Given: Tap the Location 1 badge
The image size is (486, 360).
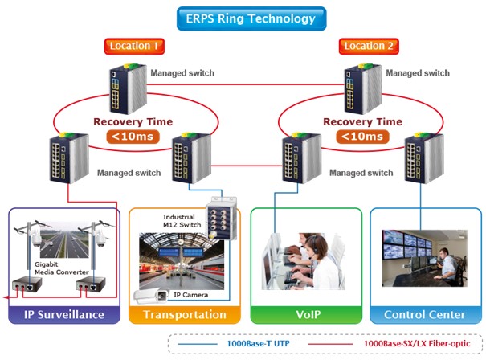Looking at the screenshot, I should [135, 47].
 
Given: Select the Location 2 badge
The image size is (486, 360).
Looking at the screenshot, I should [370, 47].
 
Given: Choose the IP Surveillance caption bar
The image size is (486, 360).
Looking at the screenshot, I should [64, 314].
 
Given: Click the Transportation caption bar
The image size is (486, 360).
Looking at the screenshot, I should [185, 314].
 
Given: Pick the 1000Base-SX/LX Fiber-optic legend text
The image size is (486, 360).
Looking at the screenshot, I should [410, 343].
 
